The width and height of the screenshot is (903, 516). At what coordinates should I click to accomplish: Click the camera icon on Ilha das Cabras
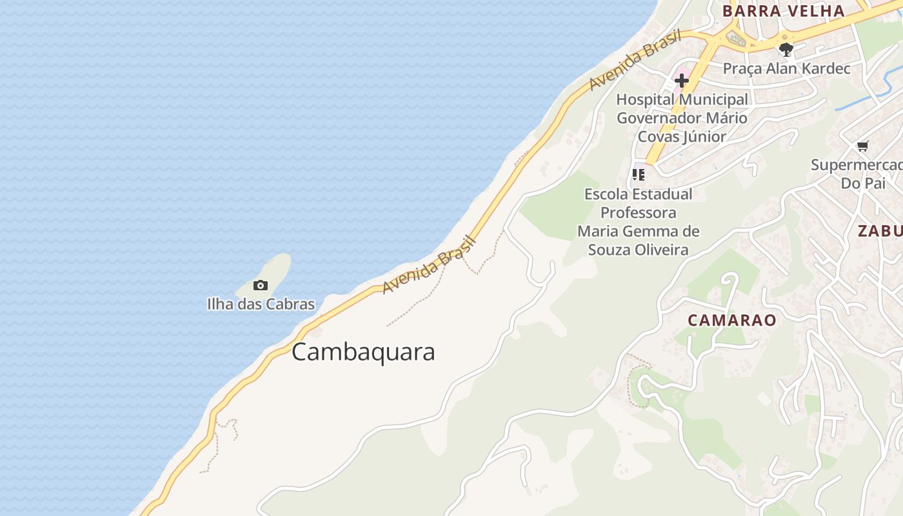[261, 285]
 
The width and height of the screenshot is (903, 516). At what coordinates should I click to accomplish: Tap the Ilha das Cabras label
[261, 304]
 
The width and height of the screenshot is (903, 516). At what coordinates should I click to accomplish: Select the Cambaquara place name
[363, 352]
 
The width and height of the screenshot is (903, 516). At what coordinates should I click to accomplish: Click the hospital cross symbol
[682, 81]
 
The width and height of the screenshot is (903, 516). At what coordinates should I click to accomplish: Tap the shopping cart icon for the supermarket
[862, 146]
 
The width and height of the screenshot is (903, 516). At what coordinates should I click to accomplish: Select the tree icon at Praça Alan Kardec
[786, 49]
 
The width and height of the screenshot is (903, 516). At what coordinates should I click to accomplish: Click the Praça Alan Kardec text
[786, 68]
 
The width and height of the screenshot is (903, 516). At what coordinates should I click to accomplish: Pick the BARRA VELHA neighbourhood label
[783, 11]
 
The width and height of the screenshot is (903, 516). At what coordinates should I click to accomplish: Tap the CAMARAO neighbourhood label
[731, 321]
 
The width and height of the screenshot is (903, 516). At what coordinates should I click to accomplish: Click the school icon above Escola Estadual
[639, 174]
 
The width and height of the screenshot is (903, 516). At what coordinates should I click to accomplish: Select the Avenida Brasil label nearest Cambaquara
[428, 264]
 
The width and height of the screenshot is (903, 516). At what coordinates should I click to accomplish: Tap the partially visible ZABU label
[880, 231]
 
